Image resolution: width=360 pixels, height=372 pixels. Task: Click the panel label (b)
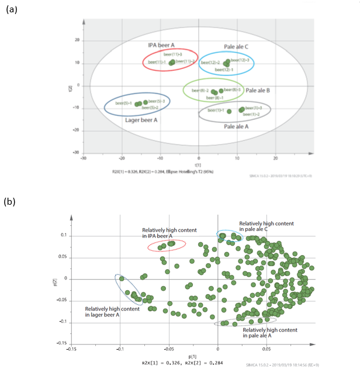[11, 202]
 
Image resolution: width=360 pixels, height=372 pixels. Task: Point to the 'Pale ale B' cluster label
[258, 91]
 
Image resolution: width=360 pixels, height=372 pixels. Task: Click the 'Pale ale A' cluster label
[237, 126]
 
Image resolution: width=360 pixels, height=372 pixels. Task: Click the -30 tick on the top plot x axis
[84, 157]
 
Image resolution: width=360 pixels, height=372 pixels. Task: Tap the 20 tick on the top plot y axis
[77, 40]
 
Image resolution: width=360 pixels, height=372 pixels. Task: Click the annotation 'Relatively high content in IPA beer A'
[168, 233]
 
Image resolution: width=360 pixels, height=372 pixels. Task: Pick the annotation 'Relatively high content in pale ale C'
[266, 226]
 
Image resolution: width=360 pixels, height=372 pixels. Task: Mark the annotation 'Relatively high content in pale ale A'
[269, 333]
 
